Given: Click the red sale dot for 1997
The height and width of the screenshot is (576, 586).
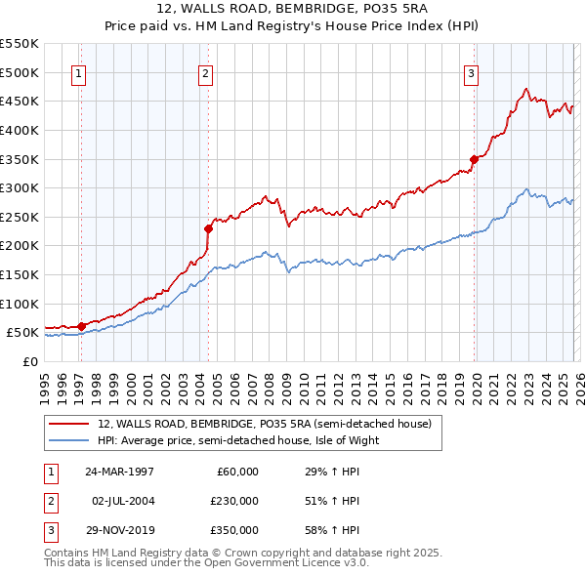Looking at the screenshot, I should click(81, 326).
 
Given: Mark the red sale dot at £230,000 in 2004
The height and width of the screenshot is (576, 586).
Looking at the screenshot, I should click(208, 228).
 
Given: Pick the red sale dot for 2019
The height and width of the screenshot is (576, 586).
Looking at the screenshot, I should click(474, 159).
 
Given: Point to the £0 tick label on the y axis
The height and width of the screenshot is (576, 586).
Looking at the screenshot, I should click(30, 361).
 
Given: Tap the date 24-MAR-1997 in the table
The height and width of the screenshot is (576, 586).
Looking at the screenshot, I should click(119, 472).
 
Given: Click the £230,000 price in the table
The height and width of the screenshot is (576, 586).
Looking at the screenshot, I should click(235, 501).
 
